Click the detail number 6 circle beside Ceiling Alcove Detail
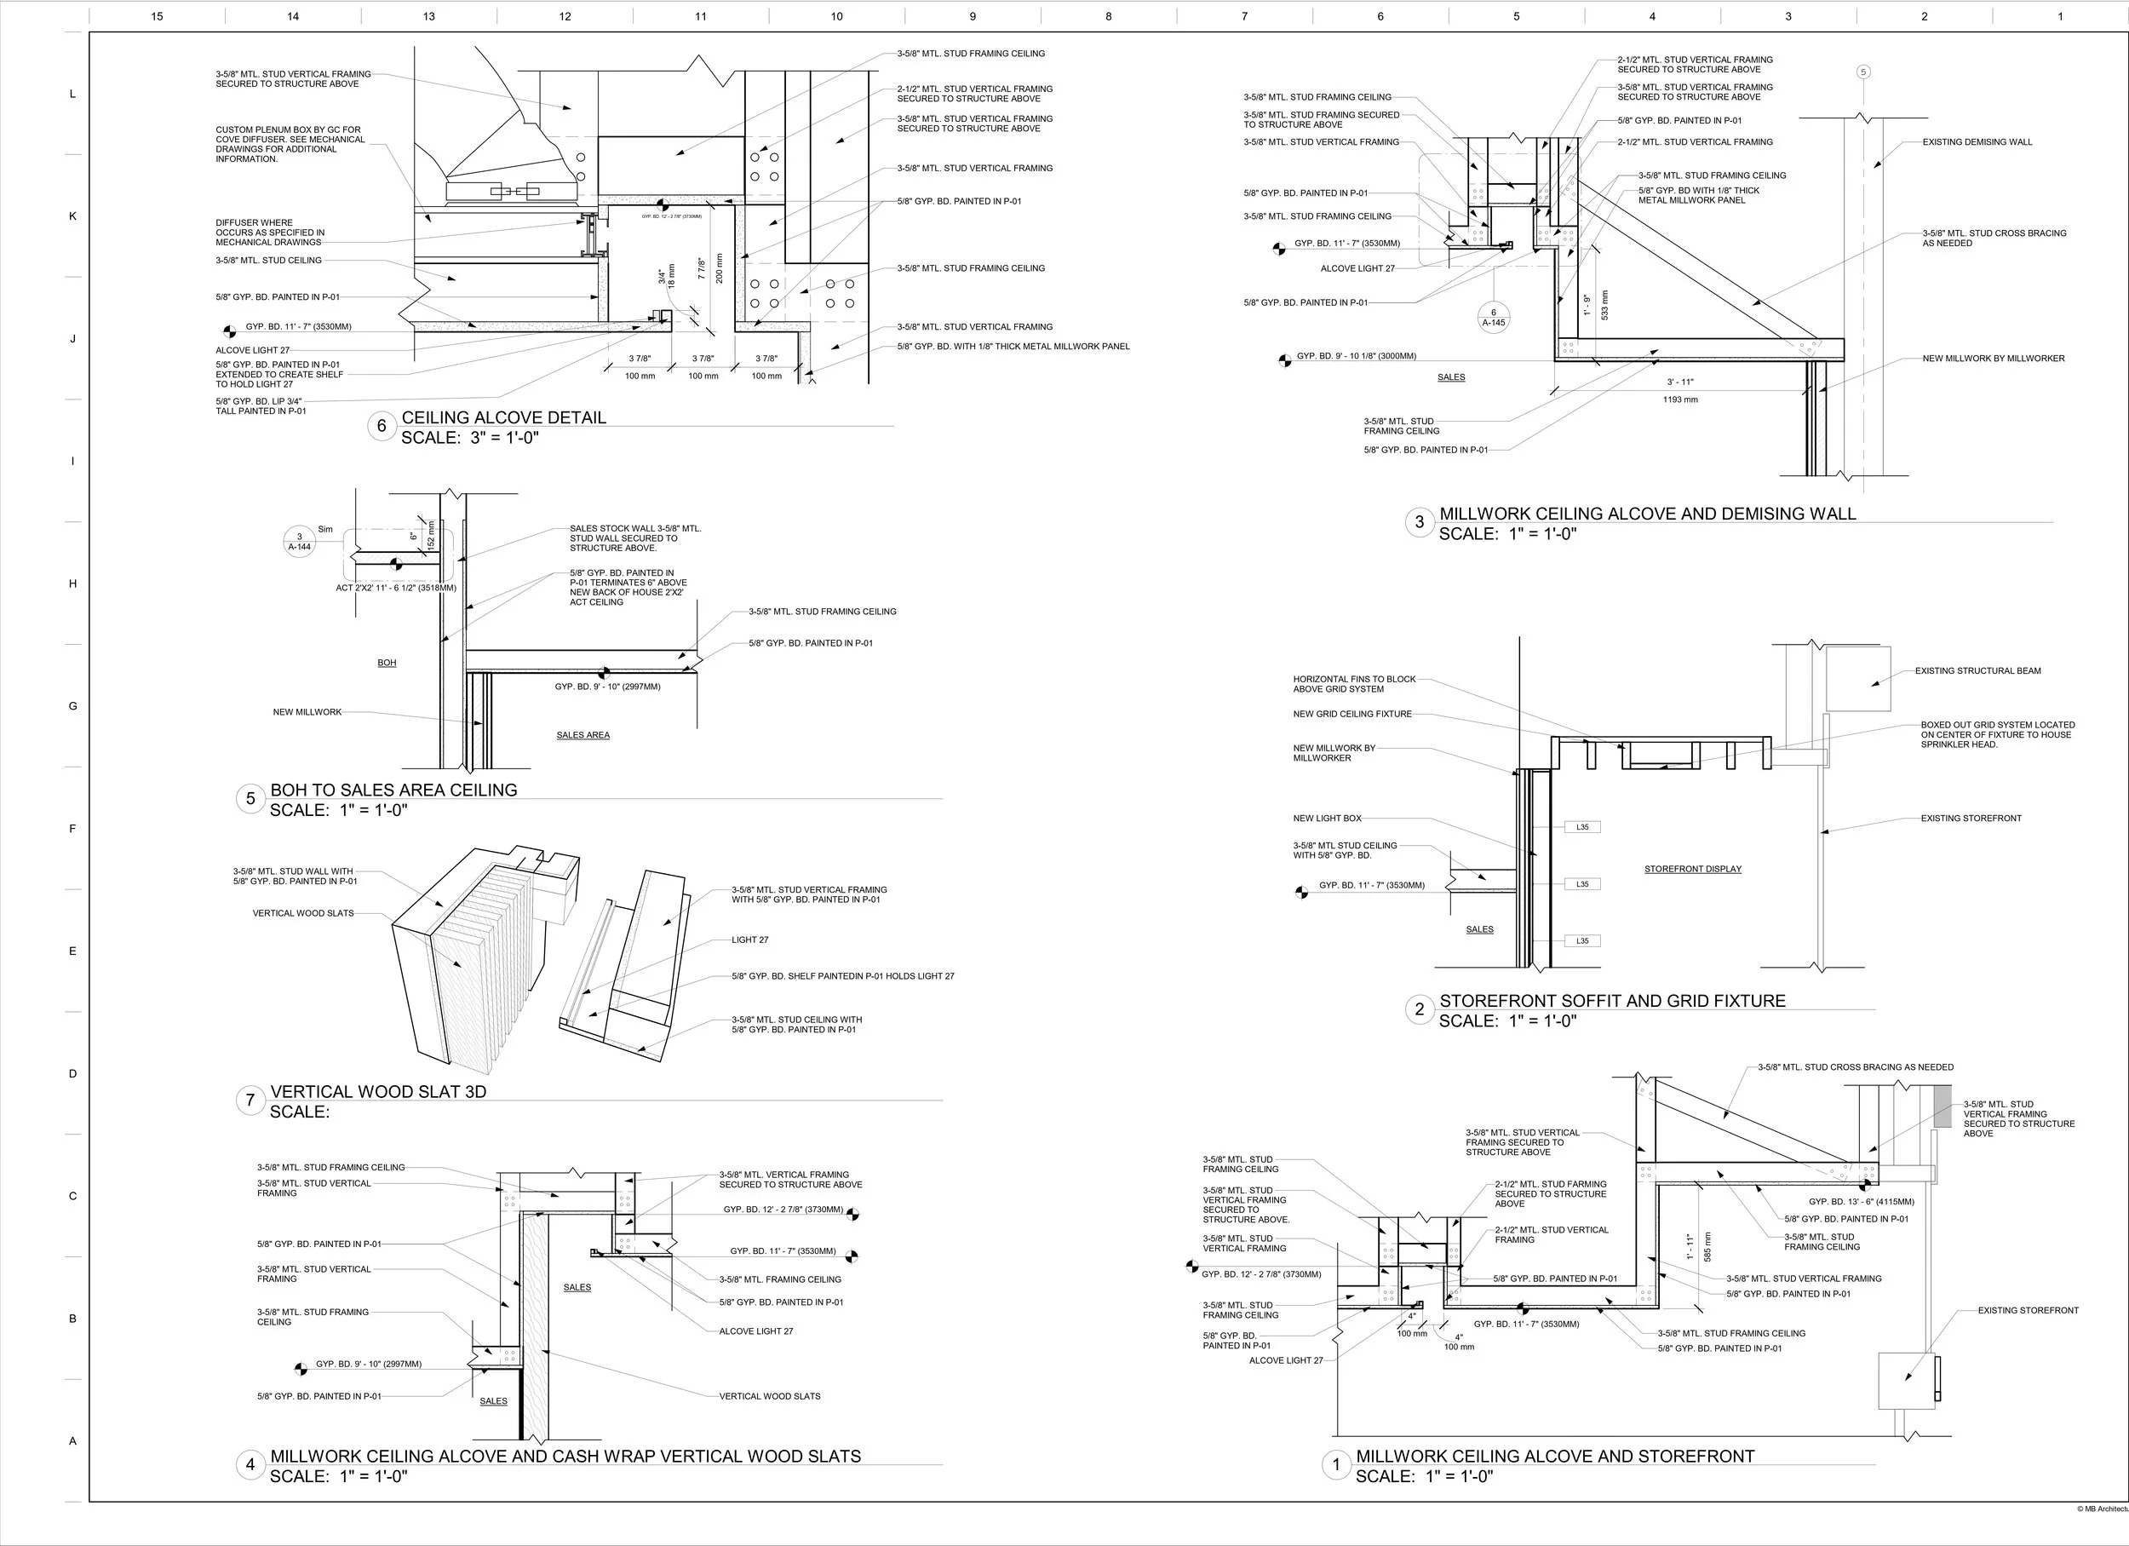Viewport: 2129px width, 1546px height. [382, 427]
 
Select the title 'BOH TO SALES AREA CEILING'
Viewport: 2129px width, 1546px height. [393, 790]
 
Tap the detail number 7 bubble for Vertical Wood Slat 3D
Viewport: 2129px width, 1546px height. [250, 1101]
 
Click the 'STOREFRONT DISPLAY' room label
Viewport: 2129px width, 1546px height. [1692, 869]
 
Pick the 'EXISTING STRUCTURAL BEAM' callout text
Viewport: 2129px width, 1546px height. [1978, 671]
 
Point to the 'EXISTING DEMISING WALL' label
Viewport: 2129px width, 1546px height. [1977, 143]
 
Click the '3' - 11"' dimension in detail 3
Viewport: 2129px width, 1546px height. [1680, 382]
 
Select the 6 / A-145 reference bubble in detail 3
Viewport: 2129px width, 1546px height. [1494, 317]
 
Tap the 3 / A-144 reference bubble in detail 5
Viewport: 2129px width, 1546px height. [300, 542]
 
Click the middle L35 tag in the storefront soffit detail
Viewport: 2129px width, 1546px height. [1582, 884]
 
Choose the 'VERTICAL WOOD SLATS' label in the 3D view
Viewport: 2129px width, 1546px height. [303, 913]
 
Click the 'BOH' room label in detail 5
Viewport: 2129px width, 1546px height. [387, 663]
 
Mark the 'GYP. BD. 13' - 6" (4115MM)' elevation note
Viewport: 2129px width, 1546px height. [1862, 1202]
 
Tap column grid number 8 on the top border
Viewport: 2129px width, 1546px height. [1109, 16]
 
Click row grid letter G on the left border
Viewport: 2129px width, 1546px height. [72, 706]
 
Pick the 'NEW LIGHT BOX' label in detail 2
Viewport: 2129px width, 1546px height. [1328, 819]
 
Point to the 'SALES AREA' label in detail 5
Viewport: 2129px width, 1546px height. [583, 735]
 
